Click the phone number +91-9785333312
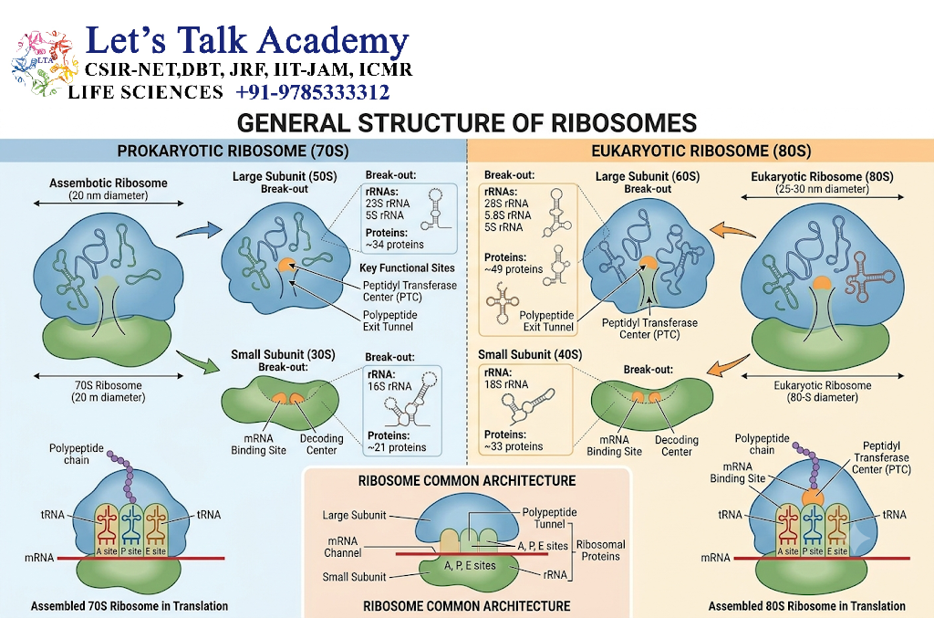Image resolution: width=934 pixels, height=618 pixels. [313, 92]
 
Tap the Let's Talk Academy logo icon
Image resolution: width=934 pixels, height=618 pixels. [45, 63]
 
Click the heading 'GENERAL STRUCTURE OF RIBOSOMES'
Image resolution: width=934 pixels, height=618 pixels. [467, 123]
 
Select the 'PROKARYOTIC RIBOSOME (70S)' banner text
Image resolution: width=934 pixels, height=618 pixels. [233, 151]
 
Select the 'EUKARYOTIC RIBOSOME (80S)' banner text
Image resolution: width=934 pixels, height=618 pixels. [701, 151]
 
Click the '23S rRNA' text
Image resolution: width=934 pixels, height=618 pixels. [388, 204]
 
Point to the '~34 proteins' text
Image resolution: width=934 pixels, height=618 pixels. [394, 245]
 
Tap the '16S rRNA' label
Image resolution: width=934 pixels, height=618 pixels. [389, 386]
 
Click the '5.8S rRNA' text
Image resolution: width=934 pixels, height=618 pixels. [507, 215]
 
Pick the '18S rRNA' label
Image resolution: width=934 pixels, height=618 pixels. [506, 384]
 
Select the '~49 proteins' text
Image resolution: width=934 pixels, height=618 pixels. [514, 269]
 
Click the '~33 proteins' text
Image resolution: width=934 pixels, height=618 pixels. [514, 446]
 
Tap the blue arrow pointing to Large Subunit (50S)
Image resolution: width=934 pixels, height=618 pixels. [200, 230]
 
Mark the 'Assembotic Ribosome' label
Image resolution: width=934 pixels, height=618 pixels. [109, 183]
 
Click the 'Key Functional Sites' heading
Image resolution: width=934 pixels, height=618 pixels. [407, 268]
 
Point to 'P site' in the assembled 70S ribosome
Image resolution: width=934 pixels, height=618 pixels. [131, 551]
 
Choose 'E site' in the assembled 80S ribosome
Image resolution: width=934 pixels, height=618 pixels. [837, 551]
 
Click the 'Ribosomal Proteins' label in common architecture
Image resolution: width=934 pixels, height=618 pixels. [600, 550]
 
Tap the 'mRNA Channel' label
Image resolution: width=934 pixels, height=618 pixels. [343, 547]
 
